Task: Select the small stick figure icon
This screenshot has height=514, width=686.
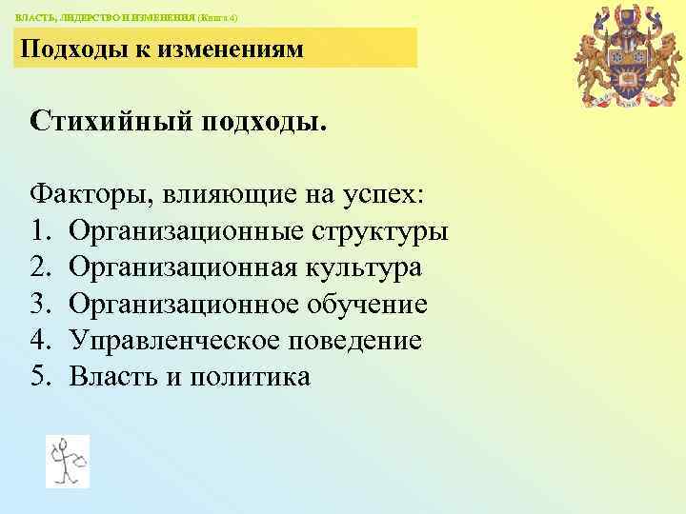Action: tap(68, 462)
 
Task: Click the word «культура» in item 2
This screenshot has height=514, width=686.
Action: tap(365, 267)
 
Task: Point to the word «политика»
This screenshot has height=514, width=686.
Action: tap(251, 376)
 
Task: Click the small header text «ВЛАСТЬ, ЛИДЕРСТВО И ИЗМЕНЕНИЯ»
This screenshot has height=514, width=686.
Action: tap(105, 17)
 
